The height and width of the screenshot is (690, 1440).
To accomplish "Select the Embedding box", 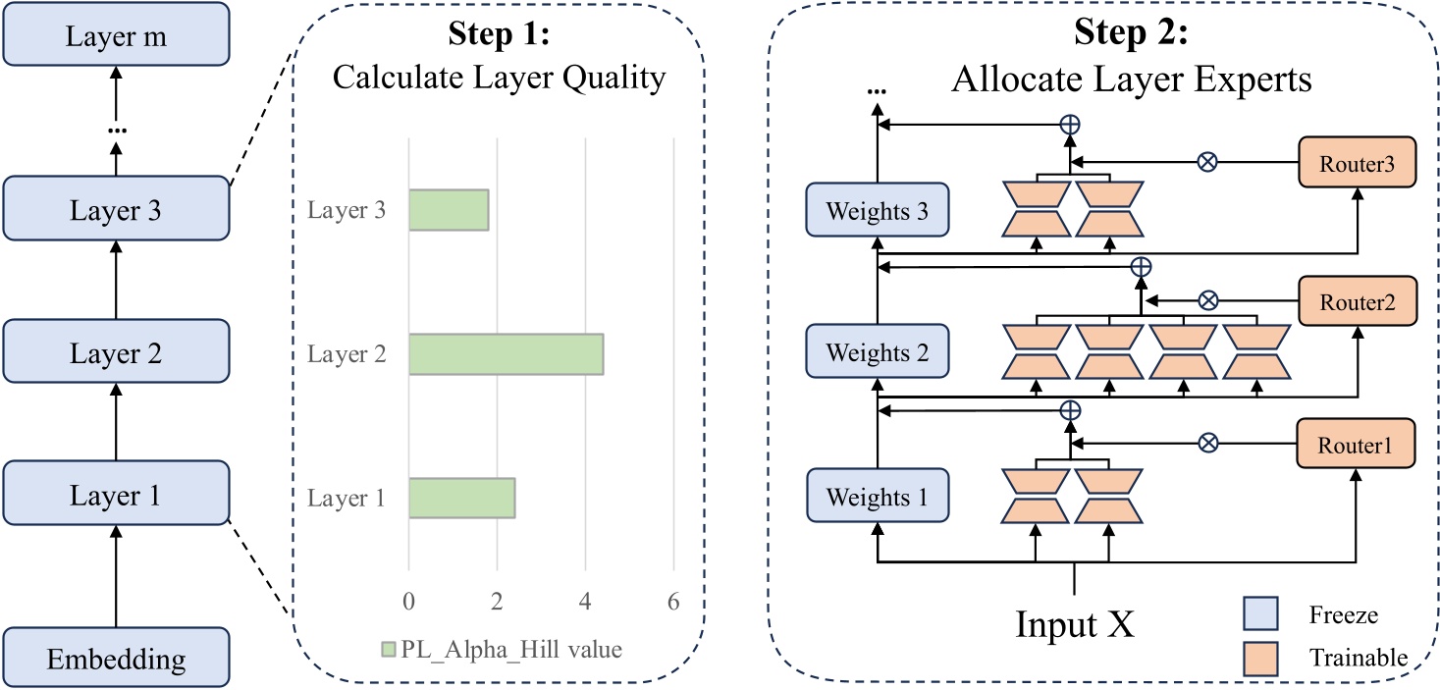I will point(116,658).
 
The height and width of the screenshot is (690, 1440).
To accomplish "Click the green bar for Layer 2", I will point(506,353).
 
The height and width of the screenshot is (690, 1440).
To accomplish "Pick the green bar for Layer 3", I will point(449,210).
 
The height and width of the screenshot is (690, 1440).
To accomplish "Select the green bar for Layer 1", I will point(461,498).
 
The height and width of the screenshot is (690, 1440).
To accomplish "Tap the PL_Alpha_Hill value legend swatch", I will point(389,649).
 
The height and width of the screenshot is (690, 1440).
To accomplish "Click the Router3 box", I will point(1357,160).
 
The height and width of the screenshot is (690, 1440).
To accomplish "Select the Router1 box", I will point(1357,443).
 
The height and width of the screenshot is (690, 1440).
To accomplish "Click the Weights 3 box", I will point(878,209).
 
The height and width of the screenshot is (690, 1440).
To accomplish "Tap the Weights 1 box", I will point(878,497).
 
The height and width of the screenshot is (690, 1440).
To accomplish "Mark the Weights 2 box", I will point(878,352).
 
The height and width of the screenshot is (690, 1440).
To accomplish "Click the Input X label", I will point(1075,623).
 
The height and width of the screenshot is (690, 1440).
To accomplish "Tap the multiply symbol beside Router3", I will point(1208,161).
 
